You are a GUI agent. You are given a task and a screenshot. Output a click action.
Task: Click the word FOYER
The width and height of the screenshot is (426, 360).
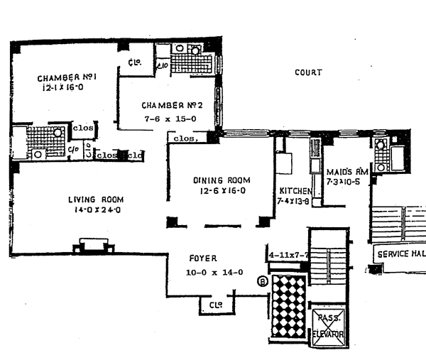point(202,259)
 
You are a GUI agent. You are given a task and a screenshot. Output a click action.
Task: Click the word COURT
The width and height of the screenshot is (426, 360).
point(308,72)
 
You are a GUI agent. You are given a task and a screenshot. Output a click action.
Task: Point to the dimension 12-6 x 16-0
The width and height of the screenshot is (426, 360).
point(219,191)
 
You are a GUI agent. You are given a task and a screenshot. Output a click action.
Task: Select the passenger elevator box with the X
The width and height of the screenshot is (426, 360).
point(328,327)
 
